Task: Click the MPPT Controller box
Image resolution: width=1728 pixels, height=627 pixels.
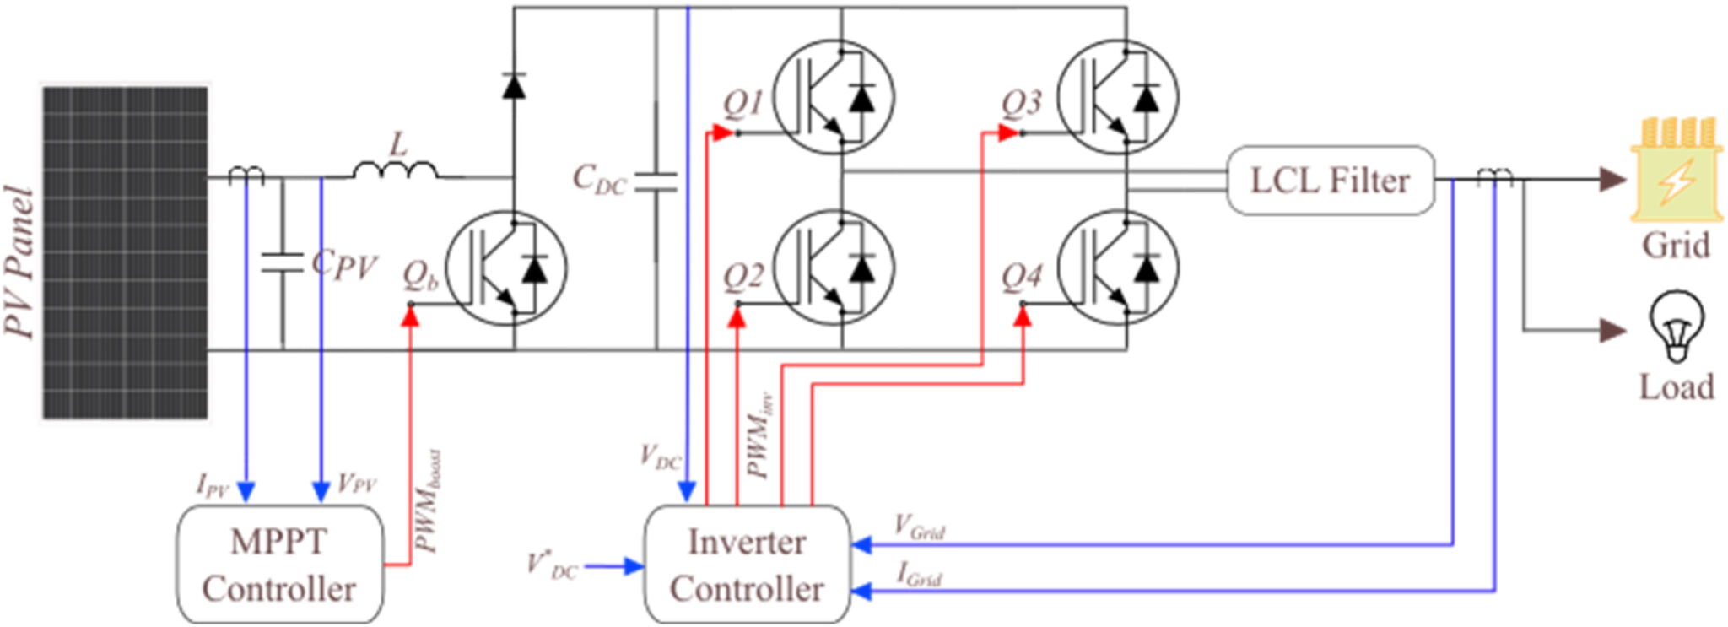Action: coord(279,565)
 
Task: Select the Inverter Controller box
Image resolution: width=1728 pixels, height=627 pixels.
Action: coord(746,565)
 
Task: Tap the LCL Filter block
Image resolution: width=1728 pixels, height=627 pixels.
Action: coord(1329,181)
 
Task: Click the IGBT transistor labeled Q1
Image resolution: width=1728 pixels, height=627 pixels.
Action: coord(834,97)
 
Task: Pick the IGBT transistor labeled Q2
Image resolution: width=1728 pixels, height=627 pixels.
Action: coord(834,268)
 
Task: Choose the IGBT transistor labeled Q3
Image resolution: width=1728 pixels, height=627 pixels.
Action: coord(1118,97)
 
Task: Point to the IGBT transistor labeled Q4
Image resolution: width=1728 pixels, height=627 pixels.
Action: coord(1118,268)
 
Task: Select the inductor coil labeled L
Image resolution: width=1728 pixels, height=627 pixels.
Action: coord(395,170)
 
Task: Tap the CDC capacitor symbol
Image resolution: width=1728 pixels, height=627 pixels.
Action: coord(656,181)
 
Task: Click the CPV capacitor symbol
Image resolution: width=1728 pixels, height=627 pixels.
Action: coord(282,262)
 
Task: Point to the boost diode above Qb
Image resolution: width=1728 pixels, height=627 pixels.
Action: coord(514,86)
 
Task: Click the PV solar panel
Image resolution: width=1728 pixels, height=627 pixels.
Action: coord(125,252)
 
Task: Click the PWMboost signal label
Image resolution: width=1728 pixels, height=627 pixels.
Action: coord(429,502)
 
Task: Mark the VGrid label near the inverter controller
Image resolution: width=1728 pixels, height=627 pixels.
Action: coord(919,527)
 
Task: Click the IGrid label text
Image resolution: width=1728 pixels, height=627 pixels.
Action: coord(919,576)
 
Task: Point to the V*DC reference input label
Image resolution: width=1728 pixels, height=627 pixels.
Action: coord(553,565)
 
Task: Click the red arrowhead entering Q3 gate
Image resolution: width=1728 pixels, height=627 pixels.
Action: coord(1007,132)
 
